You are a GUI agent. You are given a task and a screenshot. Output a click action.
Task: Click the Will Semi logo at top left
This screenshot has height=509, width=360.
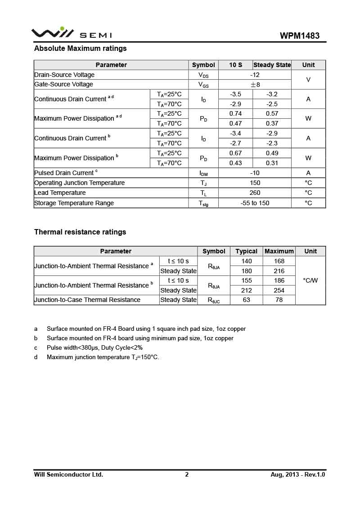(71, 33)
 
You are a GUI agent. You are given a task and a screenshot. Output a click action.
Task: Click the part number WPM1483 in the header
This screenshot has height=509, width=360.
(300, 36)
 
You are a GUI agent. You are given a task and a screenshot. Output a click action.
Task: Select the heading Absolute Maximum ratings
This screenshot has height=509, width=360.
(81, 48)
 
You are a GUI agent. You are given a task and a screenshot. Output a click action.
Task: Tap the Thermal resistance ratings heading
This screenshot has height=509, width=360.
(80, 232)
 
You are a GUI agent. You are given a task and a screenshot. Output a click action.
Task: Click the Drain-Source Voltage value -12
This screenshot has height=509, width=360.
(255, 75)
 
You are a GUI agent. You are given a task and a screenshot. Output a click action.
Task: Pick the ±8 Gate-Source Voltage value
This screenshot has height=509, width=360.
(255, 84)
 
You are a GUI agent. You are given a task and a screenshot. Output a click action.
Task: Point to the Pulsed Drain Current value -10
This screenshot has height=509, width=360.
(255, 173)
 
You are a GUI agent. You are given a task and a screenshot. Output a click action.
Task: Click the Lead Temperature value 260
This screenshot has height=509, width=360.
(255, 193)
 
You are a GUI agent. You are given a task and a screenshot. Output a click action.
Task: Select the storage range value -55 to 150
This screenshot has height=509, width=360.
(255, 203)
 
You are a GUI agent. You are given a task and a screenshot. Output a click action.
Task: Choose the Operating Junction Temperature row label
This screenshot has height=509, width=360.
(79, 183)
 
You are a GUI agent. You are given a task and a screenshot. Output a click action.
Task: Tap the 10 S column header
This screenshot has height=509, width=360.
(235, 65)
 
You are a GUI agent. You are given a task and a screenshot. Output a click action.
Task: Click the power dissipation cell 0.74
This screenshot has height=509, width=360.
(235, 113)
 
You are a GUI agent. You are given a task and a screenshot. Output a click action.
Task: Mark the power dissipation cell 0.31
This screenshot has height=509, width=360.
(272, 163)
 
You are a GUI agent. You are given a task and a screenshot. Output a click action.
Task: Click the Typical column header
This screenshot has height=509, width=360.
(246, 251)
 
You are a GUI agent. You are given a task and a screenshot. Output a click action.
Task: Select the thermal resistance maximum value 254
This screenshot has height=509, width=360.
(279, 290)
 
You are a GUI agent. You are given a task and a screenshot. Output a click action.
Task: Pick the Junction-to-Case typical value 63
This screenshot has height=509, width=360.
(246, 300)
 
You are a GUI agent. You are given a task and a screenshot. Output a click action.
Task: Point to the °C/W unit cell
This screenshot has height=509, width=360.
(310, 280)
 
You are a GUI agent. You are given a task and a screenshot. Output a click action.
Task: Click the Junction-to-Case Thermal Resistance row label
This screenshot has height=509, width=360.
(87, 300)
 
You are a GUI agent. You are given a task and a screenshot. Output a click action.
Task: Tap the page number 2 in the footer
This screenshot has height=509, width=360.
(187, 474)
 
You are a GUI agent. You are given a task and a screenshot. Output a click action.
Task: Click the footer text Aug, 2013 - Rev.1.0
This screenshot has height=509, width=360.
(297, 474)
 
